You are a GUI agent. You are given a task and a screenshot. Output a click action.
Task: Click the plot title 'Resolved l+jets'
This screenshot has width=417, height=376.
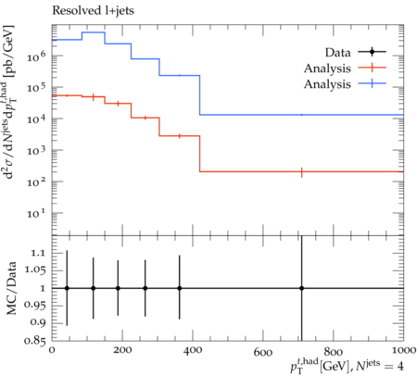click(x=93, y=11)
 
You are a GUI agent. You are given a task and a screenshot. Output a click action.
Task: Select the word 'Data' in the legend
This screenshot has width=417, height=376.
click(x=337, y=53)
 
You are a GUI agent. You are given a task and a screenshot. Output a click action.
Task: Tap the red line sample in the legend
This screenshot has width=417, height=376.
click(x=372, y=68)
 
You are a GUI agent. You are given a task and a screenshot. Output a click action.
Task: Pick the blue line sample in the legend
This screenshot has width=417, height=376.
click(x=372, y=83)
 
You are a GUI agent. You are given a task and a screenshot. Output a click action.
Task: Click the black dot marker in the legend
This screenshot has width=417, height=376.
click(x=372, y=52)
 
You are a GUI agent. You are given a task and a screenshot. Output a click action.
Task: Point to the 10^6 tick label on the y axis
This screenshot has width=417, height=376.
click(x=36, y=56)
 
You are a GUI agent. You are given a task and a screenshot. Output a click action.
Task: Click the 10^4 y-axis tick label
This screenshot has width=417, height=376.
click(x=36, y=119)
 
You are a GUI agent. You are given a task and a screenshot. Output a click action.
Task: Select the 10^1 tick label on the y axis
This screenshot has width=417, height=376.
click(x=36, y=212)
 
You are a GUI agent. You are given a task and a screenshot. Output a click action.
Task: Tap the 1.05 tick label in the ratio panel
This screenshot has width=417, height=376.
click(x=34, y=270)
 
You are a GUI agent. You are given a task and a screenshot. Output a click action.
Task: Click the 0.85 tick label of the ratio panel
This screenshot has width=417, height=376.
click(x=34, y=341)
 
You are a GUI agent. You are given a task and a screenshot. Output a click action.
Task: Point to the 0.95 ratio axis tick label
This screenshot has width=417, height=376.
click(x=34, y=305)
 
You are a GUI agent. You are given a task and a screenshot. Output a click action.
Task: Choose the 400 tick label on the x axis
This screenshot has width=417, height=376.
click(x=193, y=350)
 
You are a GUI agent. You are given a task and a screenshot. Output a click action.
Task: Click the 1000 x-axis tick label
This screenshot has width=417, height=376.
click(x=402, y=350)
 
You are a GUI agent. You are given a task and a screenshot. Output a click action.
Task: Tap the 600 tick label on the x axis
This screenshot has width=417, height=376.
click(x=263, y=352)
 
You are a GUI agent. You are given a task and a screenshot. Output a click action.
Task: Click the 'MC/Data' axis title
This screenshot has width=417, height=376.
click(x=11, y=288)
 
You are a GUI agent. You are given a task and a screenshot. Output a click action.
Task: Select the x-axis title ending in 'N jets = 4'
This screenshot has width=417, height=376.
click(x=347, y=366)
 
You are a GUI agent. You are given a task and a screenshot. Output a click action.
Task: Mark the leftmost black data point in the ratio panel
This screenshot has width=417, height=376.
click(x=67, y=288)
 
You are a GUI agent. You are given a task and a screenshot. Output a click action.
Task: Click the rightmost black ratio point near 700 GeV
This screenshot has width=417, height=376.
click(x=301, y=288)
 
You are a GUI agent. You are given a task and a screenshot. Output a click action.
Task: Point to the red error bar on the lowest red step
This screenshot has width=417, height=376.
click(x=301, y=172)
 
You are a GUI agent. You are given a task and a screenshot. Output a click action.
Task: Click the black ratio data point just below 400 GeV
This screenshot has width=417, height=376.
click(x=180, y=288)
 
